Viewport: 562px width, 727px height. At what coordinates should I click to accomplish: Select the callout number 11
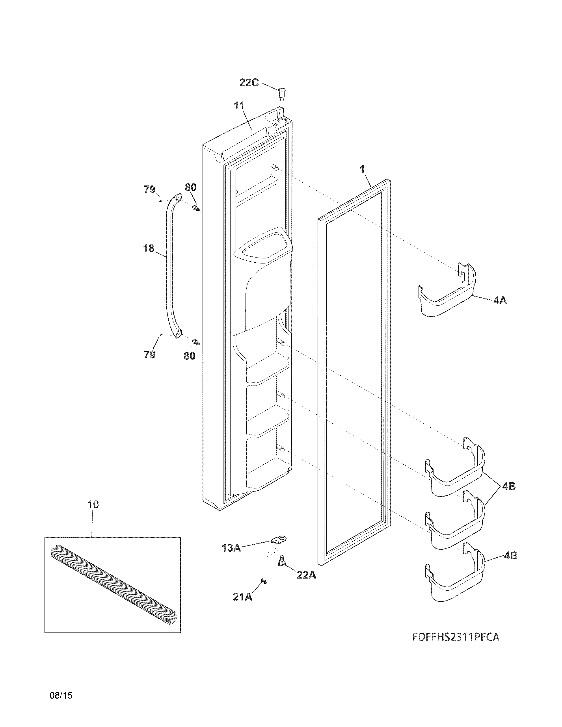tap(239, 106)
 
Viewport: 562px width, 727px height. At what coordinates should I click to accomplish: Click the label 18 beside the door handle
tap(149, 248)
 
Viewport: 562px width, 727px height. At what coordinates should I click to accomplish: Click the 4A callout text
tap(500, 300)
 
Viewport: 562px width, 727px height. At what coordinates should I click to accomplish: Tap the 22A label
tap(306, 575)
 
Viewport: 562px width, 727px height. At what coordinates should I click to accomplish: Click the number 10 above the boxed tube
tap(93, 505)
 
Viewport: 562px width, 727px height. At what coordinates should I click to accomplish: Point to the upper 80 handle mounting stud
tap(196, 209)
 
